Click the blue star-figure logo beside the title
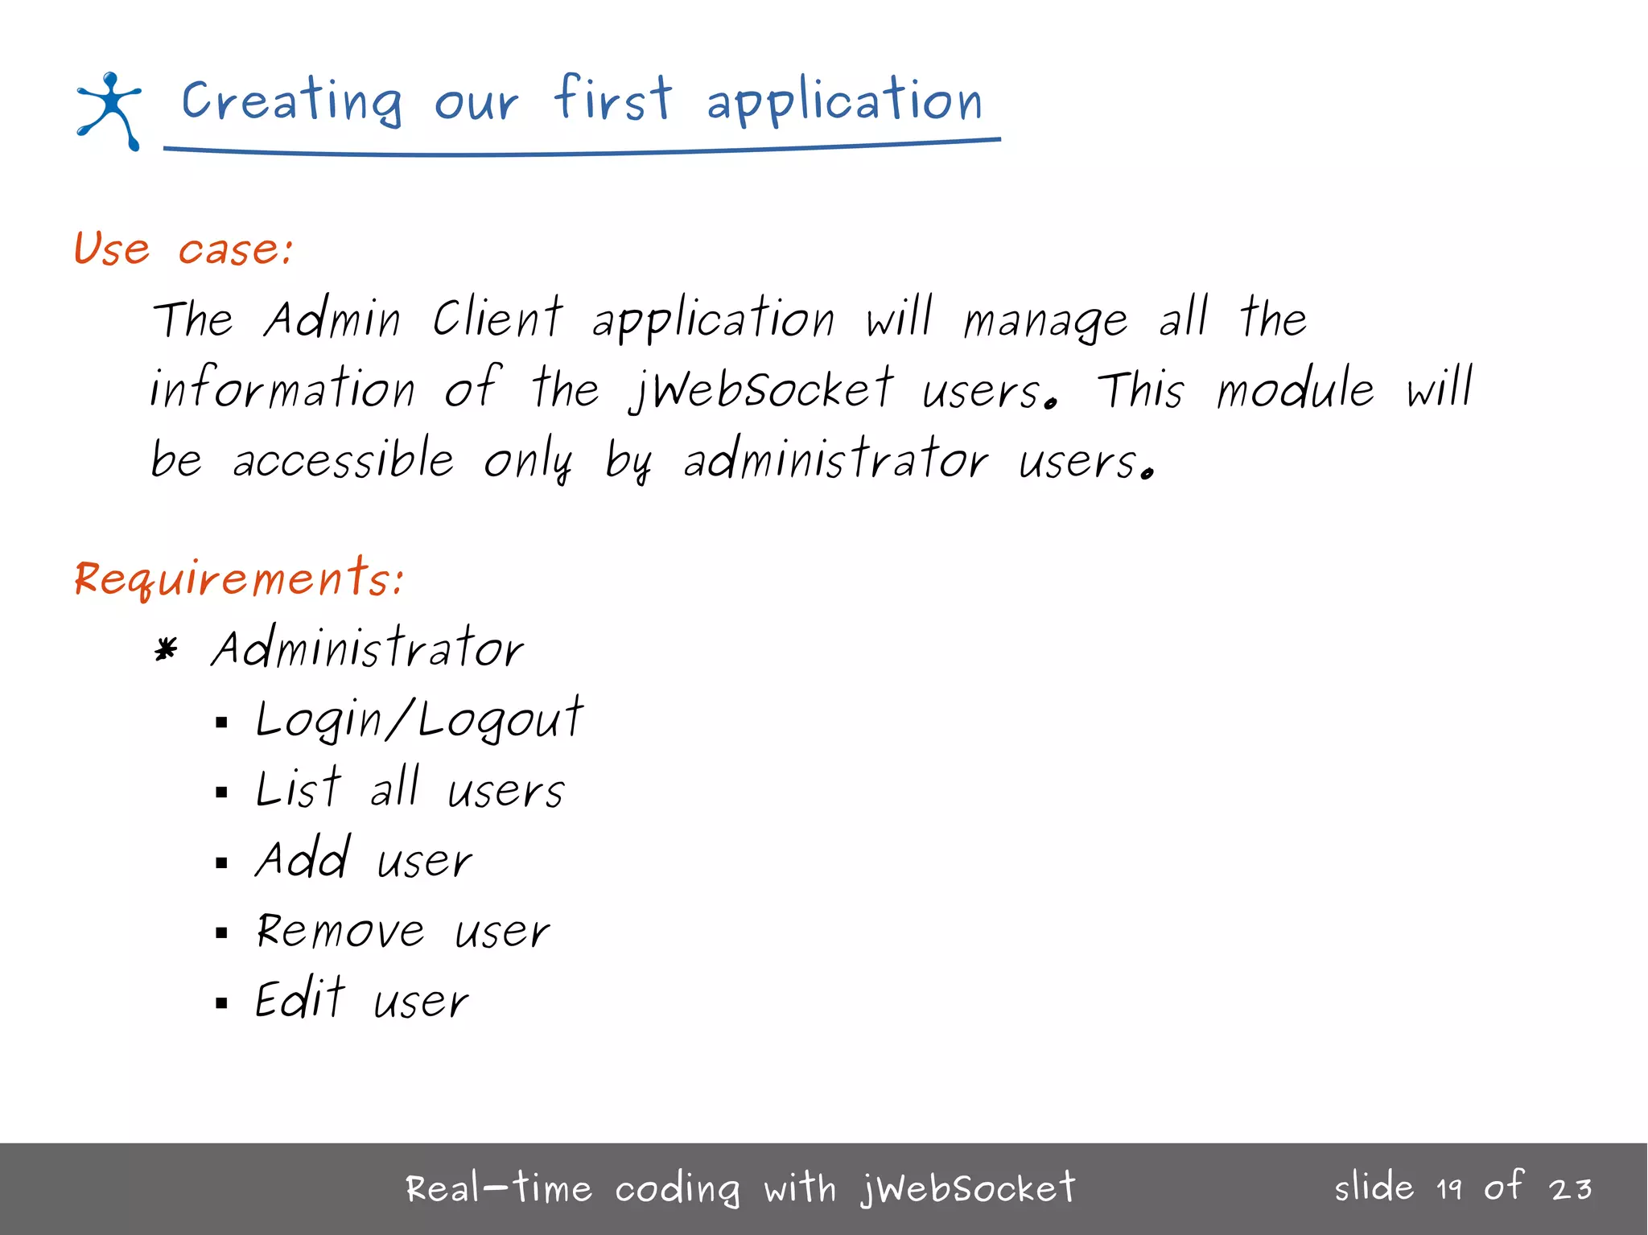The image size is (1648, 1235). tap(109, 110)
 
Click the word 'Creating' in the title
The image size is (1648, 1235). tap(290, 101)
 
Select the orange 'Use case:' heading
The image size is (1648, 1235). tap(183, 249)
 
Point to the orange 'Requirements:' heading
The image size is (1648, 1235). tap(239, 578)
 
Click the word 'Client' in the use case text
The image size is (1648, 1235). tap(497, 318)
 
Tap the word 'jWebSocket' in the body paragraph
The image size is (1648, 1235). tap(761, 389)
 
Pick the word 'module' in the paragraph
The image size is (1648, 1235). tap(1295, 389)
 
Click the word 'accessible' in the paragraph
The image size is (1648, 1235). tap(344, 459)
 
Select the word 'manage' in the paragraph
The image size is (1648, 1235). tap(1046, 320)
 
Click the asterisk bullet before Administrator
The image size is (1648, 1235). tap(166, 649)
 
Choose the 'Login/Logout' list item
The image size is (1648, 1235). tap(418, 718)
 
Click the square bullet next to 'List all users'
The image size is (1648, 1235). tap(222, 792)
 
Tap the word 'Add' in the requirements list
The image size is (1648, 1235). tap(303, 858)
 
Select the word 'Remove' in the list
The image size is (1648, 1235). tap(340, 931)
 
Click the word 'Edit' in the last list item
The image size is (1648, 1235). tap(300, 999)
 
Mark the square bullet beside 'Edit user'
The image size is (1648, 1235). tap(222, 1003)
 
